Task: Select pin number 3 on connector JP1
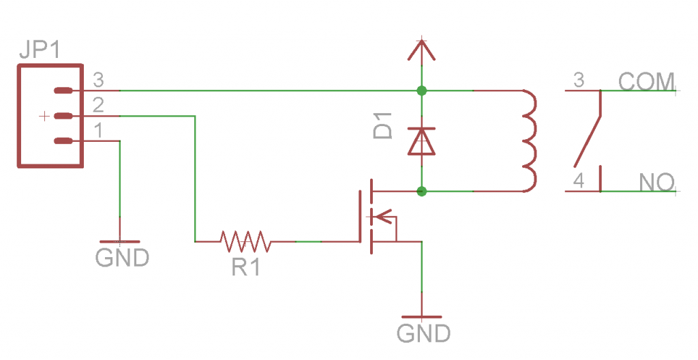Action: click(98, 80)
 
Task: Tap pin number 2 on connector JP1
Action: click(98, 106)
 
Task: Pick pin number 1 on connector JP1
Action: click(98, 130)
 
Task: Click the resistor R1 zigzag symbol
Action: click(245, 241)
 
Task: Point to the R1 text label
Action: click(245, 267)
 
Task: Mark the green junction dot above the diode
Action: click(422, 90)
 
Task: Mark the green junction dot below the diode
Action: click(422, 191)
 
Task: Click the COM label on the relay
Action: click(646, 81)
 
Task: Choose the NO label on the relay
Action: click(656, 182)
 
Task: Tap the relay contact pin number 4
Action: click(579, 181)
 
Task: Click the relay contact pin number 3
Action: click(579, 80)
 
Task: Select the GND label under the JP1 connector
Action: click(122, 258)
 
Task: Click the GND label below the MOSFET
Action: click(423, 333)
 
